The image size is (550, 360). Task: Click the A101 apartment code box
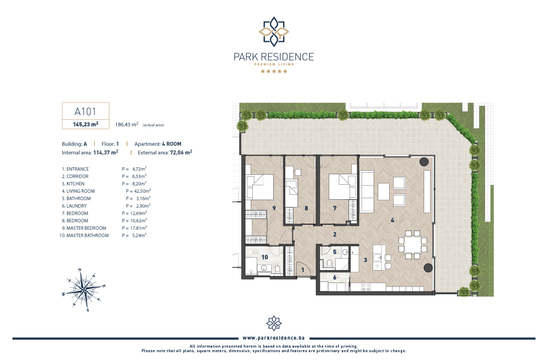85,111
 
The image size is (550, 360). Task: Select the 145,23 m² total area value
85,124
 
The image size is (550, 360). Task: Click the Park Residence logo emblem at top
274,31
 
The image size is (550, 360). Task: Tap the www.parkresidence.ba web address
274,338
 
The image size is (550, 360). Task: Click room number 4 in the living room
392,220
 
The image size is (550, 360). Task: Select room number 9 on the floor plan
274,208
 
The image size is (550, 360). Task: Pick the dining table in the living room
412,244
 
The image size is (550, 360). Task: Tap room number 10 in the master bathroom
264,257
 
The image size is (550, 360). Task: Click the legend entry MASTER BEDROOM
86,228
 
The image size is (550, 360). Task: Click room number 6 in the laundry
335,278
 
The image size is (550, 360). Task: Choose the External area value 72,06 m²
181,152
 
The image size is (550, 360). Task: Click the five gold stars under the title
274,71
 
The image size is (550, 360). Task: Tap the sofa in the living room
367,192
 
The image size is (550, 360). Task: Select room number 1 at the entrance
303,270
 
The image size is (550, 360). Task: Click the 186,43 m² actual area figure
126,124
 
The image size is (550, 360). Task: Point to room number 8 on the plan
306,208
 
